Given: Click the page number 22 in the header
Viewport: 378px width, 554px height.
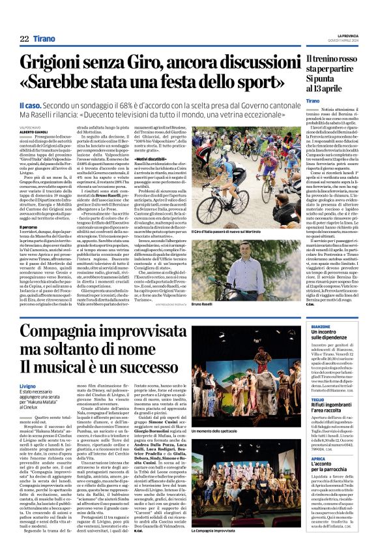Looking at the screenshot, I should coord(24,39).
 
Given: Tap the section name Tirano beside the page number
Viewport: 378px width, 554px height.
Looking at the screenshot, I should coord(44,39).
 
